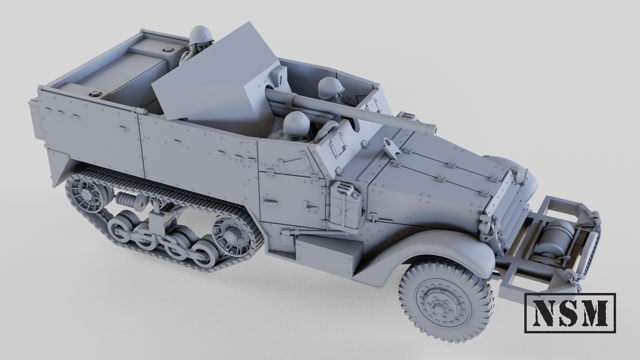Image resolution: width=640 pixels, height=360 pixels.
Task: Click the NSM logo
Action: pyautogui.click(x=570, y=313)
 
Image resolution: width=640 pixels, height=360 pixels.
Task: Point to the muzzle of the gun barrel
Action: pyautogui.click(x=432, y=129)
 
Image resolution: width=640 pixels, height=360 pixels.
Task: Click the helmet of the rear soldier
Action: pyautogui.click(x=202, y=35)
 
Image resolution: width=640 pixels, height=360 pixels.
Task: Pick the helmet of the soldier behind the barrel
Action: pyautogui.click(x=330, y=87)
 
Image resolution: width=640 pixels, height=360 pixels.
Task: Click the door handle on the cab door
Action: pyautogui.click(x=311, y=207)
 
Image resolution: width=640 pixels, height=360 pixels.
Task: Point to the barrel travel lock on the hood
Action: pyautogui.click(x=391, y=146)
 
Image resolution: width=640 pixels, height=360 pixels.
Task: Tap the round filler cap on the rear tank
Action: pyautogui.click(x=96, y=94)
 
